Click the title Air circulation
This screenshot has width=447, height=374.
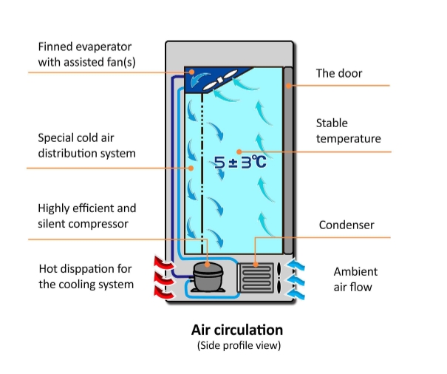pyautogui.click(x=237, y=330)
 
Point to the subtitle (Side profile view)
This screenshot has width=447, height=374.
pyautogui.click(x=237, y=346)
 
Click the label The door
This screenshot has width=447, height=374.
pyautogui.click(x=338, y=73)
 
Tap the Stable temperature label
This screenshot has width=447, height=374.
pyautogui.click(x=348, y=131)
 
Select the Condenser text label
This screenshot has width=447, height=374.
pyautogui.click(x=346, y=225)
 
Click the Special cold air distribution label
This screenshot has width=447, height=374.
pyautogui.click(x=86, y=146)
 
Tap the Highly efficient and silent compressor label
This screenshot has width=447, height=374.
pyautogui.click(x=87, y=216)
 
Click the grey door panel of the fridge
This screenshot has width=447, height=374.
pyautogui.click(x=289, y=163)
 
